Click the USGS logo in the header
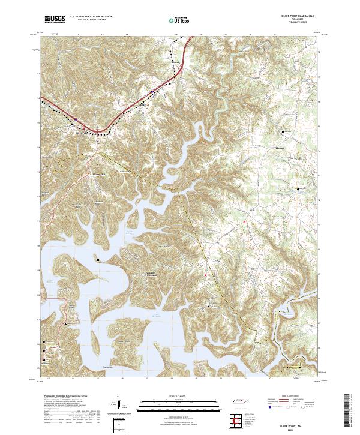click(x=55, y=19)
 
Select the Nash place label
click(x=253, y=211)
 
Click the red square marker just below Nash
click(x=245, y=222)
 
